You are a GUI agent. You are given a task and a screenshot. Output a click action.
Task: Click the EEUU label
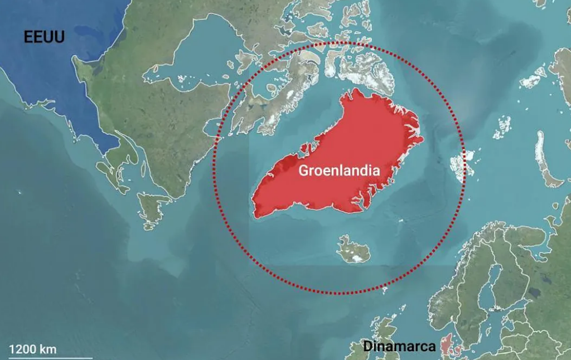44,37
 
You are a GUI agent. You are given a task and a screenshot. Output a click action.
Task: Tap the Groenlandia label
339,171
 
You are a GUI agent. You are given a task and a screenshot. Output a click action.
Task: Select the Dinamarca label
399,346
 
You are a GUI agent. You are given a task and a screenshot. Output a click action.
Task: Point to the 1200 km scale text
33,349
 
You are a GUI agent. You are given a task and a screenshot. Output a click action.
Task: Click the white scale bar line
50,357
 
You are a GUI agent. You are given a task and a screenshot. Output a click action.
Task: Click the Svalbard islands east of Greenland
462,164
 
